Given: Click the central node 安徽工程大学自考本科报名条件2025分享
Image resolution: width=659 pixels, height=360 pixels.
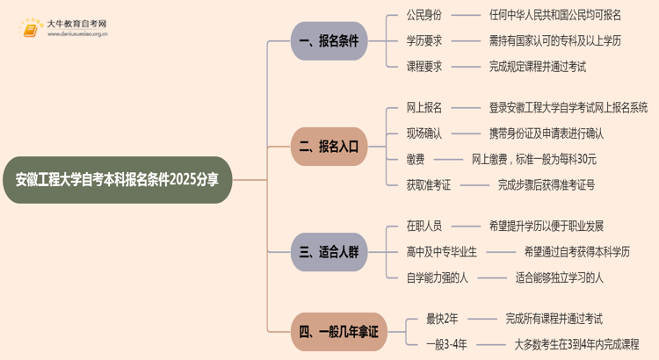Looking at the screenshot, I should pyautogui.click(x=118, y=180).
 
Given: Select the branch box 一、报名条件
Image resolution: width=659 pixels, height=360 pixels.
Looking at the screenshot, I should pyautogui.click(x=329, y=40).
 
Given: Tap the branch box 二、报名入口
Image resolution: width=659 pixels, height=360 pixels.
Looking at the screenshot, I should pyautogui.click(x=329, y=147).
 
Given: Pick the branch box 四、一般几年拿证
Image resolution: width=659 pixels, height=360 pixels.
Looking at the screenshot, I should pyautogui.click(x=338, y=331).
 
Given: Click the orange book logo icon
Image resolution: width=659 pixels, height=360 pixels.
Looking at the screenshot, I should pyautogui.click(x=31, y=29).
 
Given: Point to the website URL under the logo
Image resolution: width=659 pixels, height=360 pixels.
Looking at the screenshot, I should pyautogui.click(x=77, y=36).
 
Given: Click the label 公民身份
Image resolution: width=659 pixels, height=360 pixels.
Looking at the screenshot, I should pyautogui.click(x=424, y=15).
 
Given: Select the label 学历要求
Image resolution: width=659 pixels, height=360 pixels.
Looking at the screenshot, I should pyautogui.click(x=424, y=40).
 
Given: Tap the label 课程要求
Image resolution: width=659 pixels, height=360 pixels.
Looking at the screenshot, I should pyautogui.click(x=424, y=66).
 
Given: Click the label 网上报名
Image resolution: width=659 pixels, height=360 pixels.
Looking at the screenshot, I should pyautogui.click(x=424, y=108).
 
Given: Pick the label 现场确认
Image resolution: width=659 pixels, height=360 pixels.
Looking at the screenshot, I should pyautogui.click(x=424, y=133).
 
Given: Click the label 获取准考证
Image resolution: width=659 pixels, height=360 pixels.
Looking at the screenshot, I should pyautogui.click(x=430, y=184).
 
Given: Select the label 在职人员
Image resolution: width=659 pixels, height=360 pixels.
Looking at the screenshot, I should pyautogui.click(x=424, y=227).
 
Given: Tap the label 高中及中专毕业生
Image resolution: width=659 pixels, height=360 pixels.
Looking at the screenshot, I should pyautogui.click(x=442, y=252).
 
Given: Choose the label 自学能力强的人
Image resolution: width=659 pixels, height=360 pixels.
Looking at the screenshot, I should pyautogui.click(x=436, y=277).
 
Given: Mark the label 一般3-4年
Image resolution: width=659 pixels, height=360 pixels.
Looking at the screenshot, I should pyautogui.click(x=447, y=344).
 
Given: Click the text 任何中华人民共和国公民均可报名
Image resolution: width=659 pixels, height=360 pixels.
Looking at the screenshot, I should pyautogui.click(x=554, y=15).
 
